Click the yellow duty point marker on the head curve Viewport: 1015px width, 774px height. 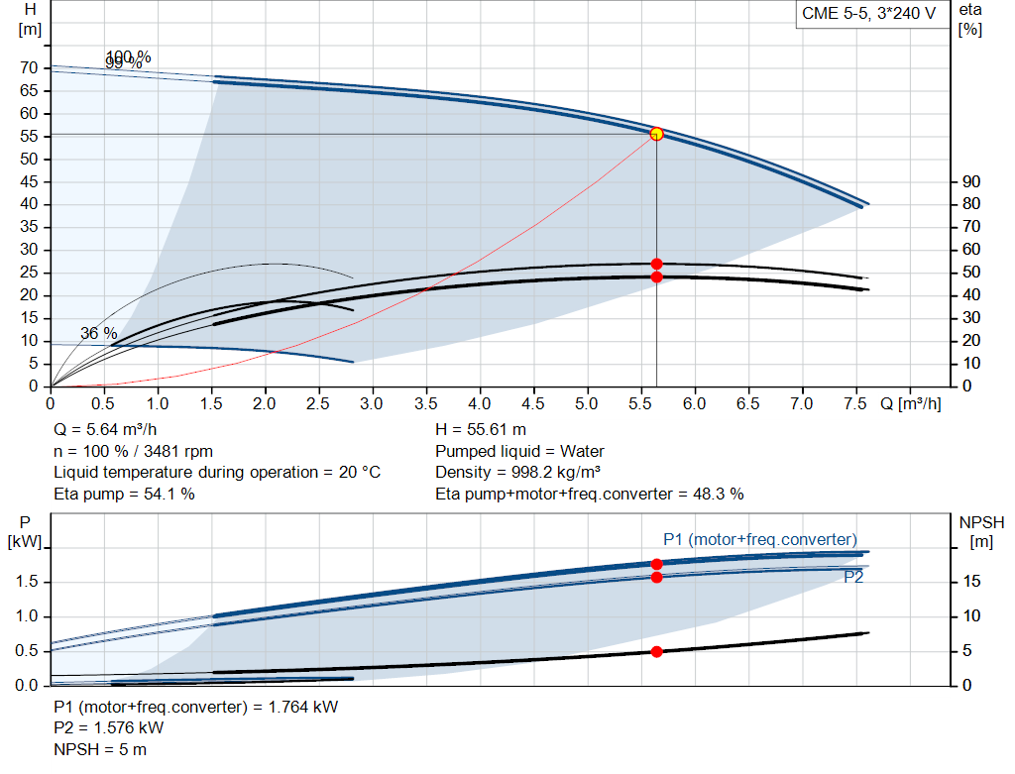coord(656,134)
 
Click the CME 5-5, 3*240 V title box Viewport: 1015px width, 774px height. coord(868,15)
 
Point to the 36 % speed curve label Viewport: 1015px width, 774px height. coord(98,334)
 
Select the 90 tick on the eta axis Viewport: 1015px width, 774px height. coord(970,181)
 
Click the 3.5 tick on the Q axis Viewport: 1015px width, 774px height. coord(425,404)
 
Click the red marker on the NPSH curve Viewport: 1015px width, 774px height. coord(656,651)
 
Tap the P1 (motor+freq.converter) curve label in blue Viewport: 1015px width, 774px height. coord(759,539)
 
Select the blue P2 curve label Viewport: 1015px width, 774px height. coord(852,576)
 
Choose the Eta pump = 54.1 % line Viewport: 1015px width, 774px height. coord(124,494)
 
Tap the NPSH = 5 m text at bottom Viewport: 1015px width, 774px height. coord(100,749)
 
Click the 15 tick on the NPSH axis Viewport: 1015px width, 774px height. coord(972,582)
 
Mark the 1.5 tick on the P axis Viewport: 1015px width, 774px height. coord(27,582)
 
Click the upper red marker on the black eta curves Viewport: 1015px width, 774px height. coord(656,264)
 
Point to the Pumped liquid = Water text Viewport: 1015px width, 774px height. coord(519,452)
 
